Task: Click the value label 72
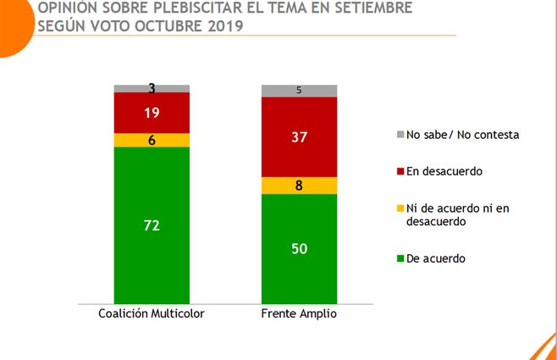[152, 225]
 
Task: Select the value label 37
[300, 136]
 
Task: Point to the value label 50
[300, 248]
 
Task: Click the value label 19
[152, 113]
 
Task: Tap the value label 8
[300, 186]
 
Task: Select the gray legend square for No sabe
[399, 135]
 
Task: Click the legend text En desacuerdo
[444, 171]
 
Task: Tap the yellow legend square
[399, 208]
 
